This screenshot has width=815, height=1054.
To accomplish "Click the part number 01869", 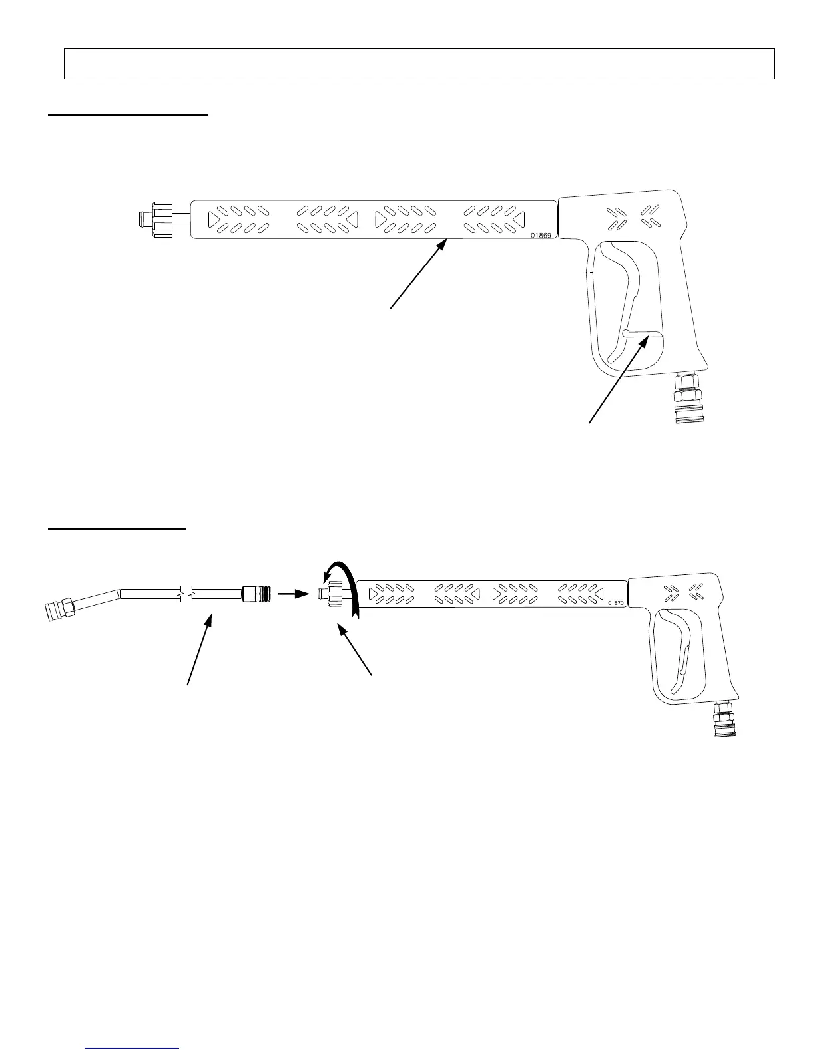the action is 541,235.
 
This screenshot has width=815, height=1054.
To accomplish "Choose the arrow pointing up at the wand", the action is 200,648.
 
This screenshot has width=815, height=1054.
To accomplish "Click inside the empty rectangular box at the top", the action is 419,64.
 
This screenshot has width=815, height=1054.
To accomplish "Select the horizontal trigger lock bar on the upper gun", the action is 643,335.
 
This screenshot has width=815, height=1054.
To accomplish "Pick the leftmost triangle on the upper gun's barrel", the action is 215,218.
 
